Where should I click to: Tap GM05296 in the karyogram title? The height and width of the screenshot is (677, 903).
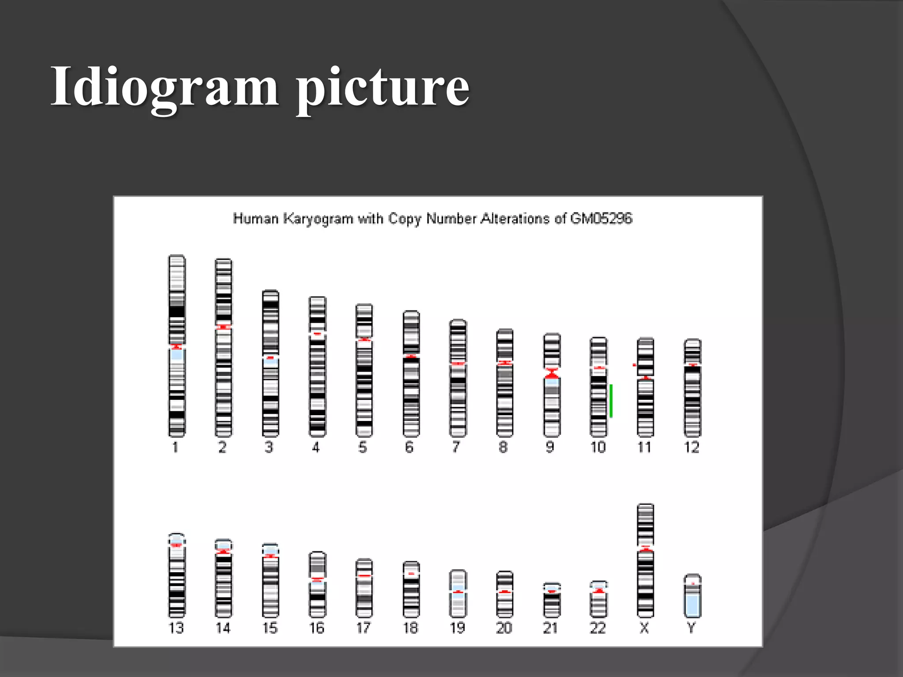click(x=601, y=219)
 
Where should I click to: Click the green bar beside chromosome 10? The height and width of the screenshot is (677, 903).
click(x=611, y=401)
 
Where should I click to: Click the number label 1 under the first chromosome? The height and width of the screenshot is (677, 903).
click(x=175, y=447)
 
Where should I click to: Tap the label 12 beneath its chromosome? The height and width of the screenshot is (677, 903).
click(x=691, y=447)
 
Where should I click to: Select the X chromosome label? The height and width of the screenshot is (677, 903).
click(x=644, y=628)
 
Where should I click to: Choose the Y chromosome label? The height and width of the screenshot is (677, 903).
click(x=691, y=628)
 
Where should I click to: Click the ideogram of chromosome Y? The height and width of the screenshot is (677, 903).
click(x=692, y=596)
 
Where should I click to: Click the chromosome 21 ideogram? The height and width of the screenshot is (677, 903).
click(x=552, y=600)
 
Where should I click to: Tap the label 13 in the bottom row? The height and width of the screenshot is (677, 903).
click(x=176, y=628)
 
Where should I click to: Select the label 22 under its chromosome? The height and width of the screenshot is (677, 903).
click(x=597, y=628)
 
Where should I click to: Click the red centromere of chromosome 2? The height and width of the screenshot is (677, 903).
click(x=224, y=327)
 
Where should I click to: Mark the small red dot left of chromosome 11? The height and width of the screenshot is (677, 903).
click(x=634, y=365)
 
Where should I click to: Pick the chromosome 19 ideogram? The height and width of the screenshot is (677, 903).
click(x=458, y=593)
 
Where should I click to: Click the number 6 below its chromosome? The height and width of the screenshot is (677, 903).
click(x=409, y=447)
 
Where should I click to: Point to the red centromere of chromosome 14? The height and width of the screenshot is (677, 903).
click(x=224, y=551)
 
